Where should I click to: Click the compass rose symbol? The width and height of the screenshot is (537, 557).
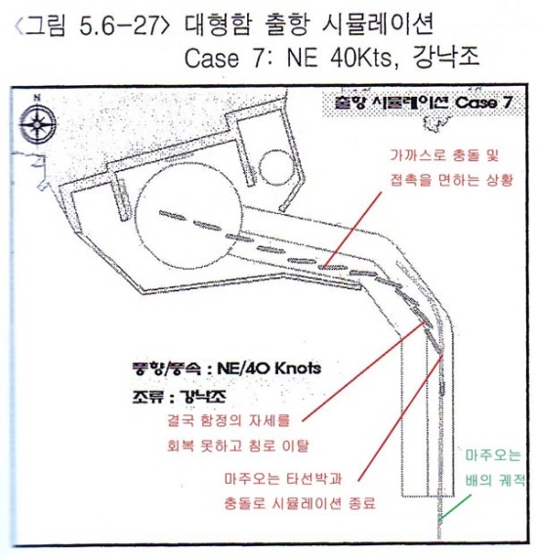point(37,122)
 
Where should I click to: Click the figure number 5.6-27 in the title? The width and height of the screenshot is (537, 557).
point(118,26)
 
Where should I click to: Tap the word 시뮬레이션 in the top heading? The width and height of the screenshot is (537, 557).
point(377,25)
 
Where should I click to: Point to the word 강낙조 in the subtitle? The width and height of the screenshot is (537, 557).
point(445,56)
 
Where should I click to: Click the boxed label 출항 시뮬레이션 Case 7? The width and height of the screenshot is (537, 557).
point(423,103)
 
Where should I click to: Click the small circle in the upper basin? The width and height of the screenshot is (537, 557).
point(277,166)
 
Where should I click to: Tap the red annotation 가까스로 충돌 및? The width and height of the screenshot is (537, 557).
point(444,155)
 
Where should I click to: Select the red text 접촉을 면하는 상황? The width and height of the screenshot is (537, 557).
point(452,180)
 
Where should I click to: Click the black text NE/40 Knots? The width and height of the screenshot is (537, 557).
point(269,368)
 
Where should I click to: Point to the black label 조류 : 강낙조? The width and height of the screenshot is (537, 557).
point(179,396)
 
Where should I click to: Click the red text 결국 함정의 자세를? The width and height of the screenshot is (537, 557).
point(228,421)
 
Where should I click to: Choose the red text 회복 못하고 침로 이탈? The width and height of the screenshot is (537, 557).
point(237,445)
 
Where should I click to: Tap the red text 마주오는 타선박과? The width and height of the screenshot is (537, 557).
point(283,479)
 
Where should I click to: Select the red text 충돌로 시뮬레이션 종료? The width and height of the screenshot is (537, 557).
point(300,503)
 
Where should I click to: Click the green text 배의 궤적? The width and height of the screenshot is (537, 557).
point(495,480)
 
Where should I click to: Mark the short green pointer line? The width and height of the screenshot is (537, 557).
point(455,507)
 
